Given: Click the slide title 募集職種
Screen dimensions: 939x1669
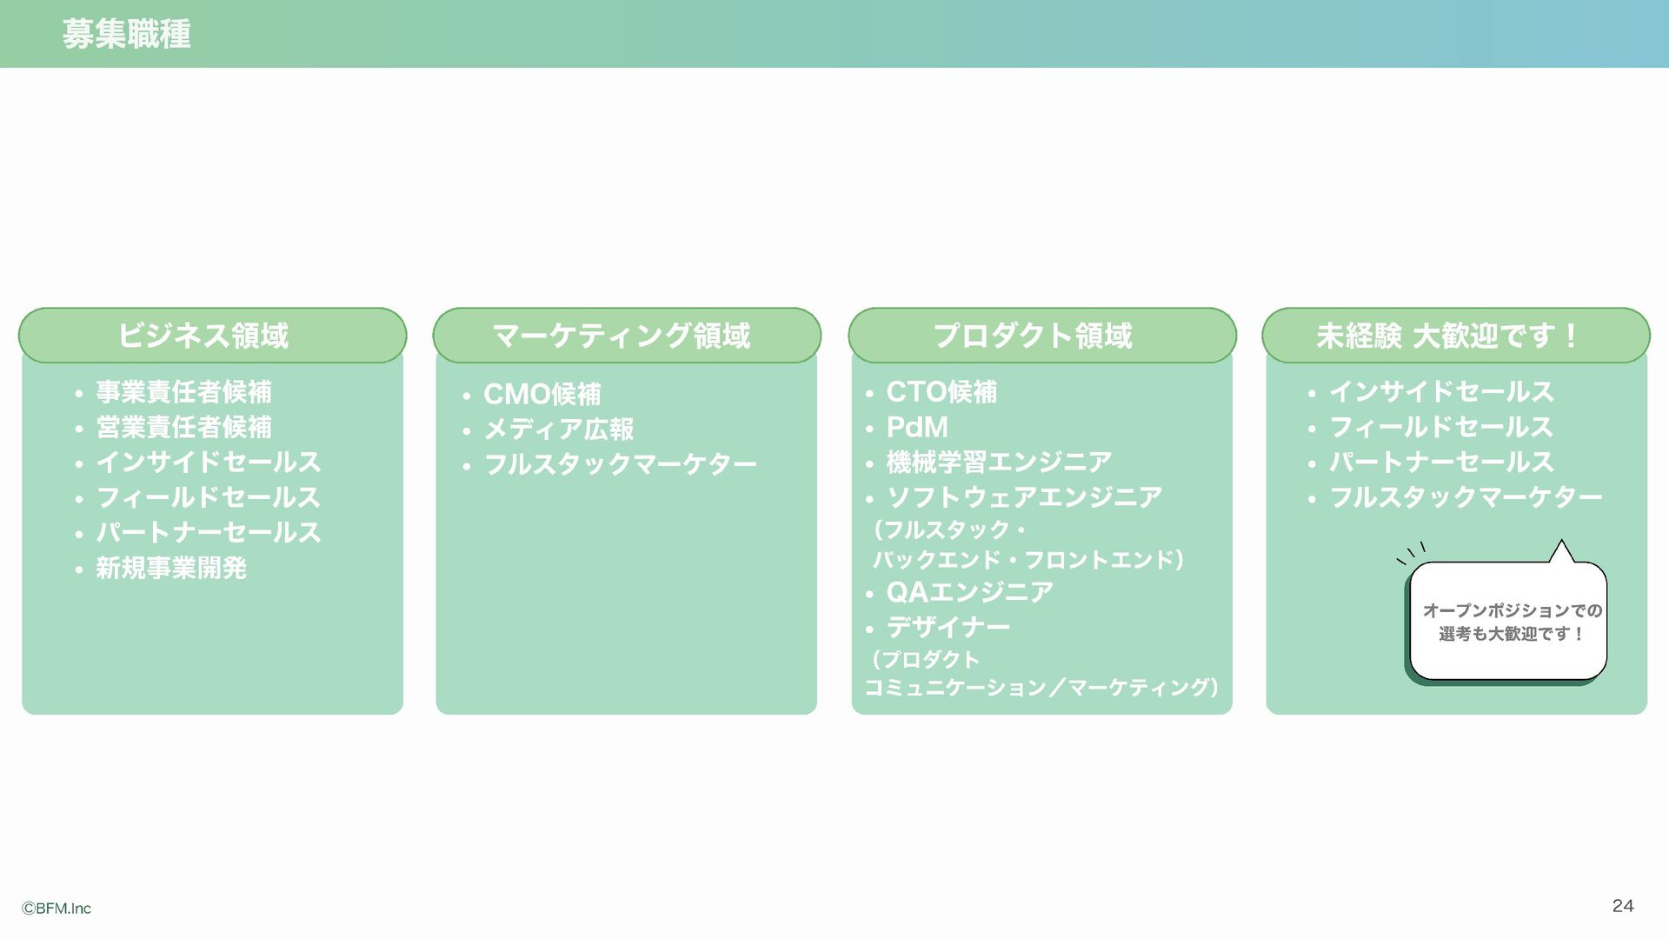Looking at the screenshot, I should click(127, 35).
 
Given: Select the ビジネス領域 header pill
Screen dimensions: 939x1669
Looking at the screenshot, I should click(212, 336).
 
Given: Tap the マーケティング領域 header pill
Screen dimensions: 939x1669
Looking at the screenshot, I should click(626, 336).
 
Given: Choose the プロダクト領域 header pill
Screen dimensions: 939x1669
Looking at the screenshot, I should click(1041, 336).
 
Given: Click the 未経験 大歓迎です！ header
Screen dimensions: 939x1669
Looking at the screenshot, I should click(1455, 336).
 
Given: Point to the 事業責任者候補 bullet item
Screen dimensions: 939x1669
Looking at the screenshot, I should click(183, 392).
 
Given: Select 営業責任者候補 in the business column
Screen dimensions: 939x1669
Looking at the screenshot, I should click(183, 428).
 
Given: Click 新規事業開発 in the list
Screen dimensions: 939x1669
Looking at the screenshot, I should click(171, 569).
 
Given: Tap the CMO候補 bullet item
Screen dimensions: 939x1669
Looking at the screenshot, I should click(542, 395).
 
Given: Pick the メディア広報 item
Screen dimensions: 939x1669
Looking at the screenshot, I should click(558, 430).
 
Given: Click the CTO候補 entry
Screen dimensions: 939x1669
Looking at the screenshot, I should click(941, 392).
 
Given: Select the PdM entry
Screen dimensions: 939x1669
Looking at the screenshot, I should click(917, 428).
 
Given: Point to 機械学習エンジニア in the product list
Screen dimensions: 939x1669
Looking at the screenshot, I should click(999, 463).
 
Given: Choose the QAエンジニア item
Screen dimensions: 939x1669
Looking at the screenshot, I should click(969, 592).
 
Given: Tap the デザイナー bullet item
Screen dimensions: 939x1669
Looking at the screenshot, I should click(948, 628).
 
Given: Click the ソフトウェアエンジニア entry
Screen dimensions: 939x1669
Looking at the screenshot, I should click(1024, 498).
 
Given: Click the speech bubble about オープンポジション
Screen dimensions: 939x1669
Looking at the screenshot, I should click(1508, 621).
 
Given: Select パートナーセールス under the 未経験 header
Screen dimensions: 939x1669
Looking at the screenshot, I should click(1441, 463).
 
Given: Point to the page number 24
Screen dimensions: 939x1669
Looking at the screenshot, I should click(1623, 906).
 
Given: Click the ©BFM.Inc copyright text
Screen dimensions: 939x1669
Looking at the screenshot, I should click(57, 909).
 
